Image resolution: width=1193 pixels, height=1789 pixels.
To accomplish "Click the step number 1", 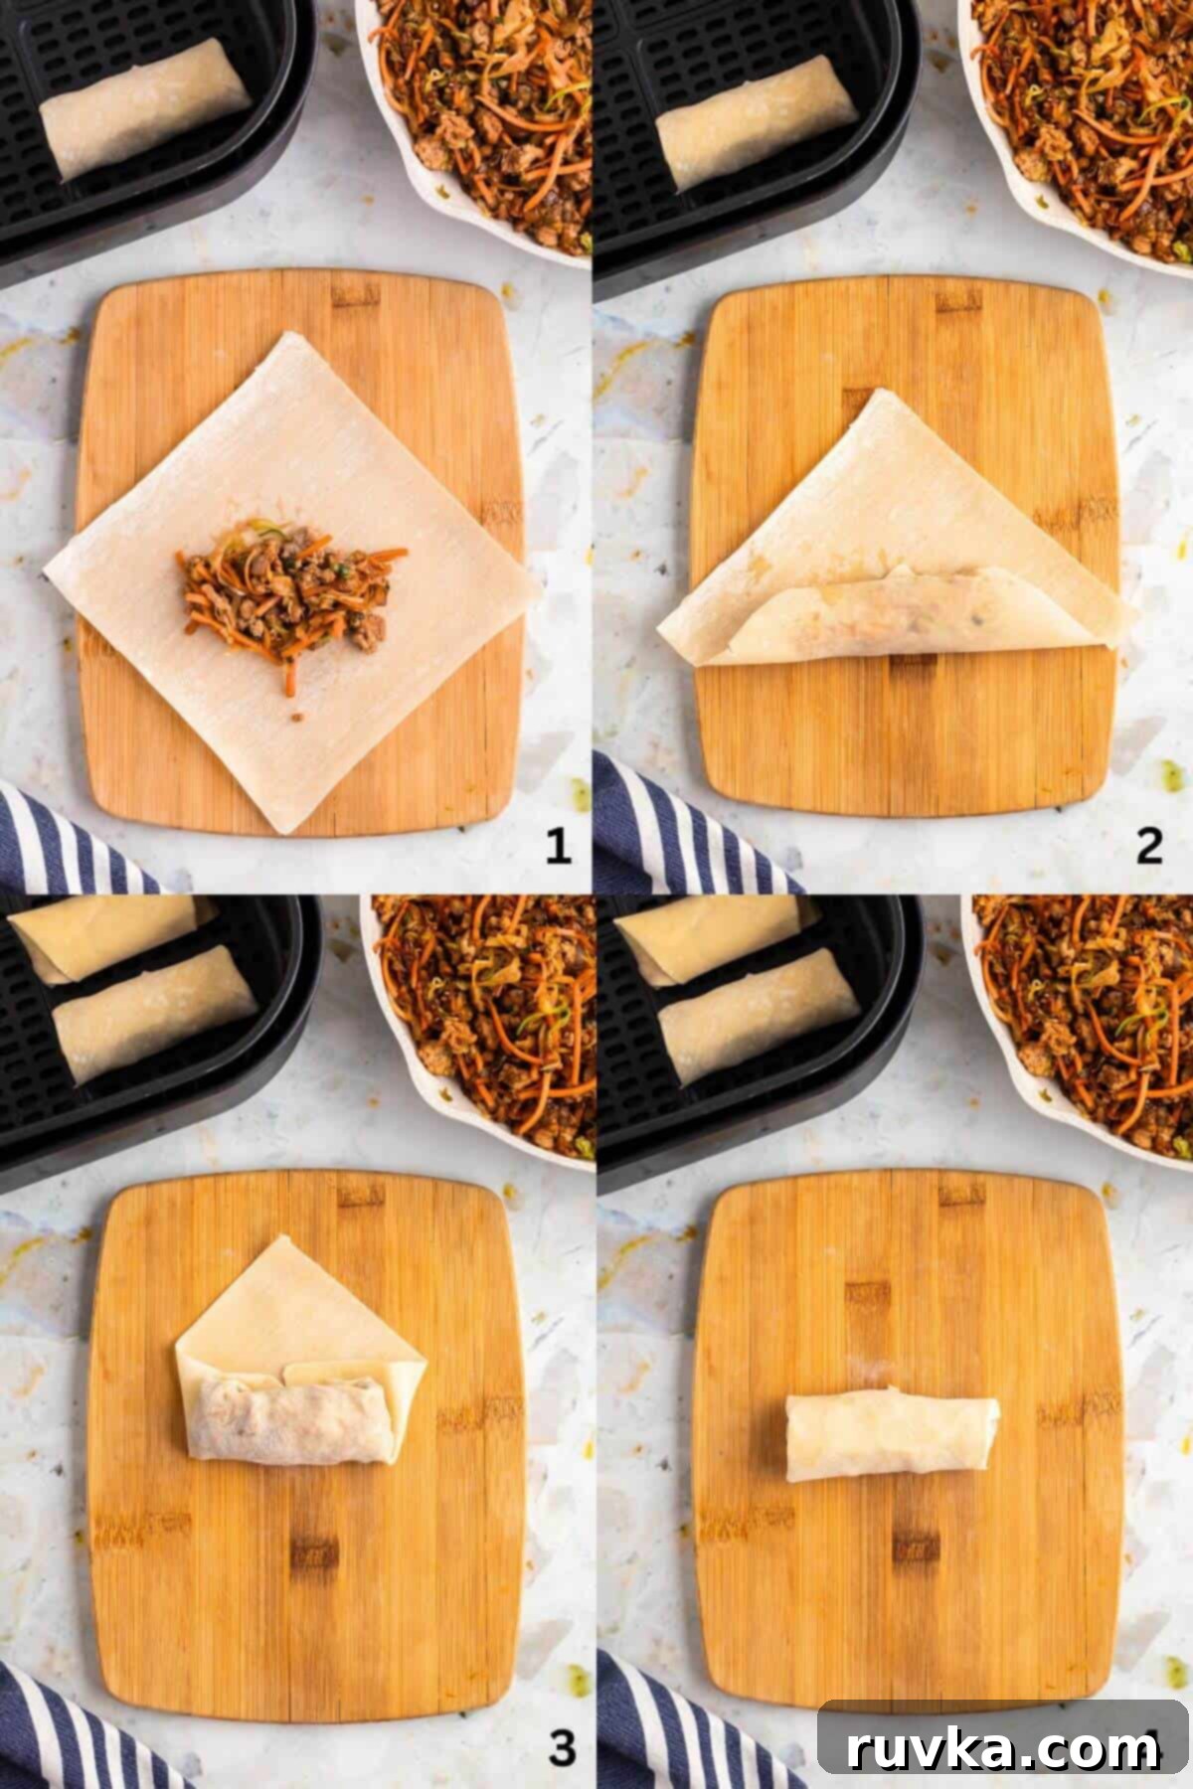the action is pyautogui.click(x=558, y=847).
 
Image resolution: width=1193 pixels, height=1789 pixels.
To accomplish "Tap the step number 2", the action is pyautogui.click(x=1149, y=847).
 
